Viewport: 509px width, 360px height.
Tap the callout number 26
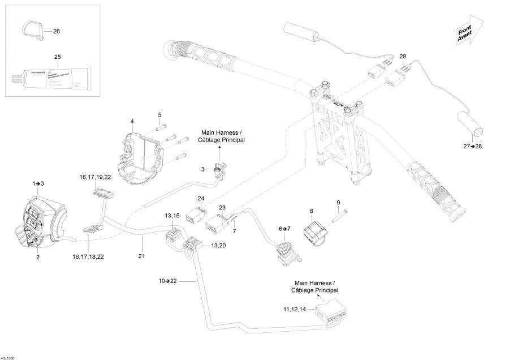[56, 32]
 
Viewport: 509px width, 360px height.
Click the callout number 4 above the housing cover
[132, 122]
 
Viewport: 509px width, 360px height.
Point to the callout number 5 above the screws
[159, 115]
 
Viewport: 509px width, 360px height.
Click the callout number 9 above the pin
[338, 203]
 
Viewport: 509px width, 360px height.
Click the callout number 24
[200, 198]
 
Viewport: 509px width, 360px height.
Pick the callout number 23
[222, 208]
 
